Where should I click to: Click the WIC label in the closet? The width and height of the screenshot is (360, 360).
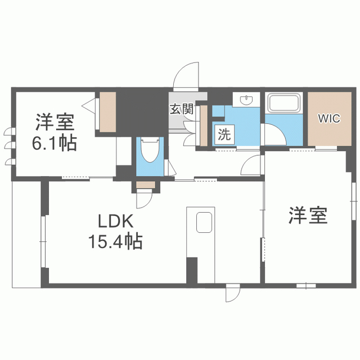(329, 119)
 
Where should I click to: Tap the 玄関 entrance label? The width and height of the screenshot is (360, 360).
(182, 109)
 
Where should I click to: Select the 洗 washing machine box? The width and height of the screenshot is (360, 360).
(224, 134)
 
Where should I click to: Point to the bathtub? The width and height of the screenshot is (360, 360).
(284, 103)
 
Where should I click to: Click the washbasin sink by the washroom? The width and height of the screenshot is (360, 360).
(246, 100)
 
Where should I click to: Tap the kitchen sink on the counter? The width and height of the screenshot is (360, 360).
(204, 222)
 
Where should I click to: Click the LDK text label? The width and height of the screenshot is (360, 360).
(115, 221)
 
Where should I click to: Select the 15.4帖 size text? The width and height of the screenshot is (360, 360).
(115, 241)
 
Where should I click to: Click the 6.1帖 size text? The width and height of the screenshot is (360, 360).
(55, 143)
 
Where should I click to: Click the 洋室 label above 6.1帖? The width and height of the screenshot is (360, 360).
(55, 122)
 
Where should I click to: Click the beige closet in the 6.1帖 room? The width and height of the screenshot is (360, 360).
(107, 112)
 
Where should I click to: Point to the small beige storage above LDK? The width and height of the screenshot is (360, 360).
(146, 185)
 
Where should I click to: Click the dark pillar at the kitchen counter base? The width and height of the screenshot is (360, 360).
(192, 271)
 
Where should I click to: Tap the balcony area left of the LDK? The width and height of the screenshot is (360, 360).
(26, 235)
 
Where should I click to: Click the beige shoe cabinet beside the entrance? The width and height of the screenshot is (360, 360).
(204, 125)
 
